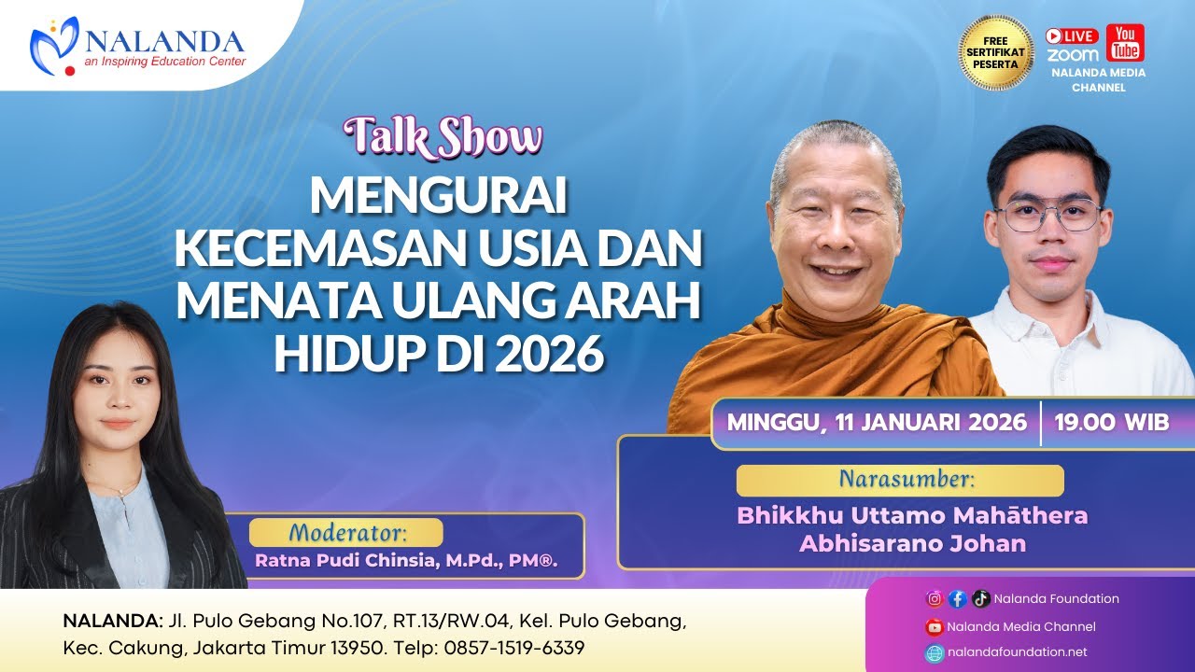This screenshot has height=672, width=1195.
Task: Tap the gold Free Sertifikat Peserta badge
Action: [996, 52]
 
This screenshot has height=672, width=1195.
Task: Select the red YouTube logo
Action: [1125, 43]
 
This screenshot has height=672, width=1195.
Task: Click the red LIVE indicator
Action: [1072, 36]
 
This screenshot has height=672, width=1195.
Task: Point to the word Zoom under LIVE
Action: [1073, 55]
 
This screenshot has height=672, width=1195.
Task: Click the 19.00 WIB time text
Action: [1111, 422]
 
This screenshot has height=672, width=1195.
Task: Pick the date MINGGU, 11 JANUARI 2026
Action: [877, 422]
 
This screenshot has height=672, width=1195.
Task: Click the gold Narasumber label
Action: [900, 481]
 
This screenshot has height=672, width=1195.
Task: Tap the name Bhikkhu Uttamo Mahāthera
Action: [912, 515]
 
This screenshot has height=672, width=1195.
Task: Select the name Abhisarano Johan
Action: [912, 543]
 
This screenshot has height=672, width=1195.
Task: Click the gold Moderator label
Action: [347, 533]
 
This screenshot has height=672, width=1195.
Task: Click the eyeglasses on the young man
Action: [1047, 217]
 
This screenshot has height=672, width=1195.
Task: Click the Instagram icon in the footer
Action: [934, 599]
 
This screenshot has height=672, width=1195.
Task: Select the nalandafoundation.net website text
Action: [1017, 652]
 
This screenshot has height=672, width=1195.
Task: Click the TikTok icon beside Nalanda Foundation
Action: [980, 599]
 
